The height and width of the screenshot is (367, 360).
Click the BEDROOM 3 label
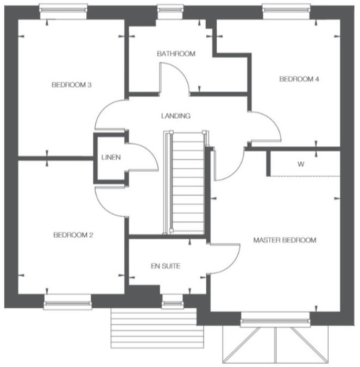point(71,85)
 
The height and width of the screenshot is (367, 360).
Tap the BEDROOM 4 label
point(299,79)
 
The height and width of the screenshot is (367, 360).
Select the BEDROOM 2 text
point(73,235)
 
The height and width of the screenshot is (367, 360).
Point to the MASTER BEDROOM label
point(285,240)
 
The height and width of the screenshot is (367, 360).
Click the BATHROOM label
point(175,54)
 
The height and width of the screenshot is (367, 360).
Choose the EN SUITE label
point(165,266)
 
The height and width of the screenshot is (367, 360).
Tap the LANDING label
point(175,116)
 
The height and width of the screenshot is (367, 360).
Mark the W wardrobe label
point(300,164)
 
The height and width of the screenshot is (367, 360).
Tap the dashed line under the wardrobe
point(304,176)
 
